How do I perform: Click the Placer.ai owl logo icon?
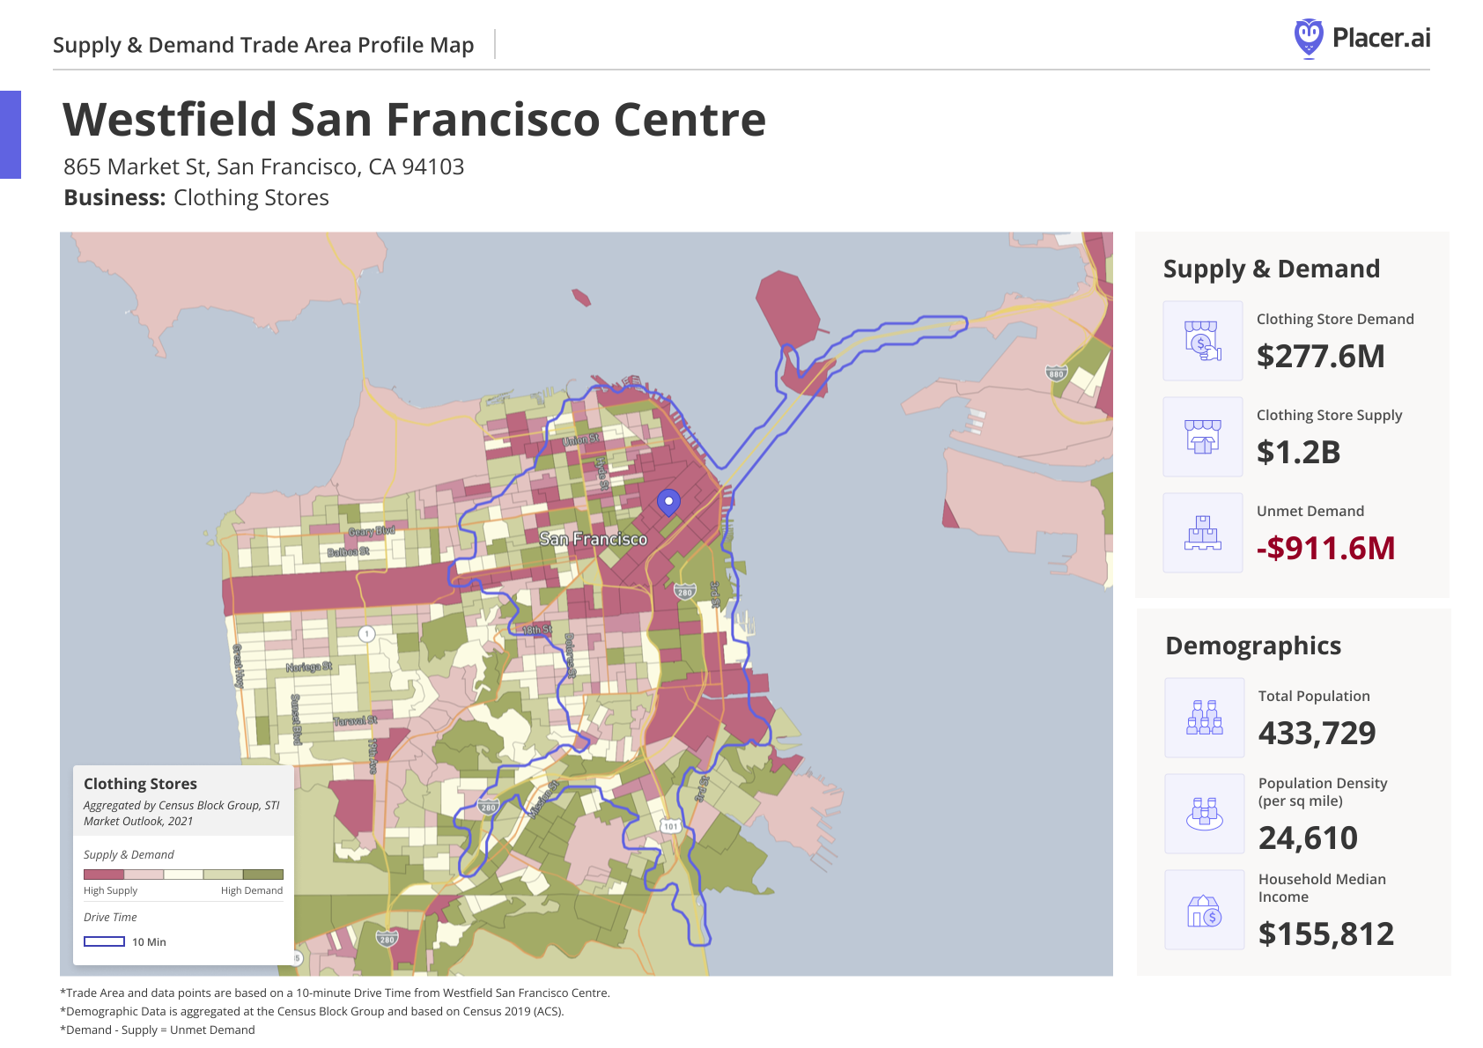coord(1309,38)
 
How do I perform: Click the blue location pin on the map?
coord(668,502)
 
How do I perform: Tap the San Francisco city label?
coord(593,539)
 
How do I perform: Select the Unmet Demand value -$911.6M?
coord(1325,548)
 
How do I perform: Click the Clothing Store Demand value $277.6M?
coord(1320,357)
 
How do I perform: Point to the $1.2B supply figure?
coord(1298,452)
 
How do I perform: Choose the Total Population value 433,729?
coord(1317,733)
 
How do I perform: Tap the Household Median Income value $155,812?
coord(1325,934)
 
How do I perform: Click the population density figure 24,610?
coord(1308,838)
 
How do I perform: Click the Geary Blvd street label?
coord(371,531)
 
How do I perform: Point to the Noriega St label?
coord(309,667)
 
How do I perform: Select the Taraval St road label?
coord(355,720)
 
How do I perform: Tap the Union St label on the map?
coord(580,439)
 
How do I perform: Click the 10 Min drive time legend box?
coord(104,941)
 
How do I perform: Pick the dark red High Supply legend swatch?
coord(103,875)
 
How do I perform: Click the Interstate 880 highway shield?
coord(1056,373)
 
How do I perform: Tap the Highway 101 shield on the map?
coord(671,826)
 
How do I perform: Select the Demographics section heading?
coord(1252,646)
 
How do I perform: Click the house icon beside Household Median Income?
coord(1204,911)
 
